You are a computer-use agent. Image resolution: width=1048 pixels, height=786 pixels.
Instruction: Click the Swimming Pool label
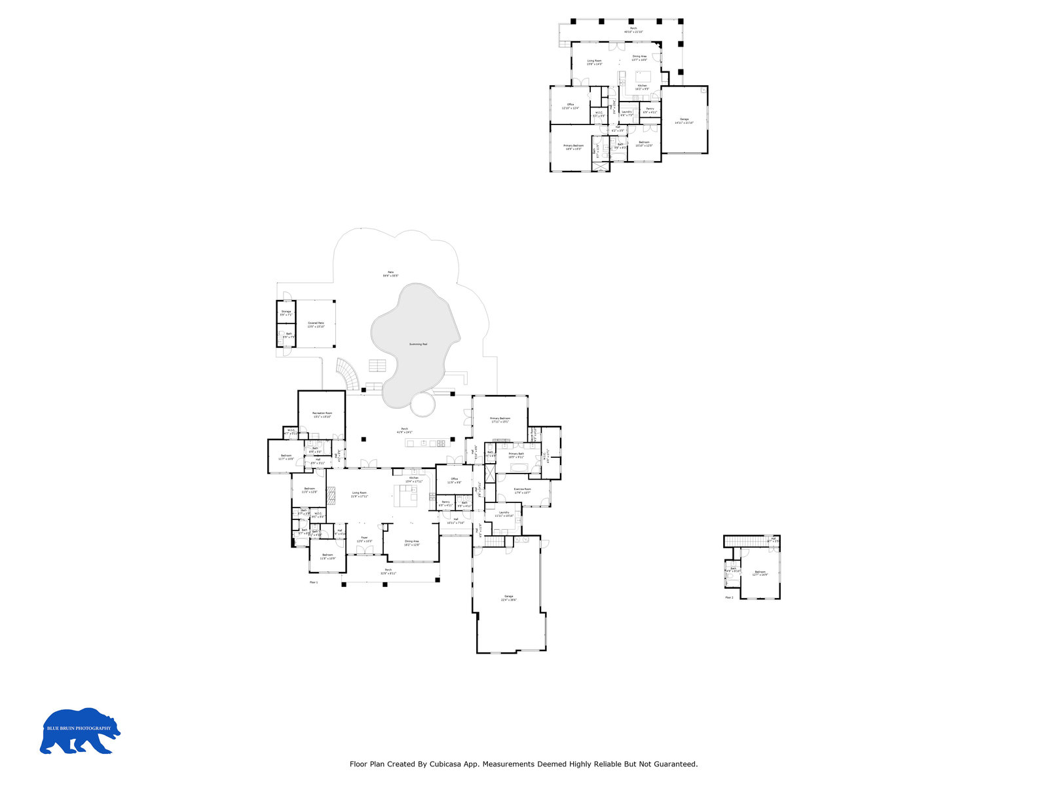pos(418,344)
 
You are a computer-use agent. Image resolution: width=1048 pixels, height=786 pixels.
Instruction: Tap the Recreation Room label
pos(322,415)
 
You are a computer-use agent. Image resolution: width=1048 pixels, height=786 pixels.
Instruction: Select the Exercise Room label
pos(522,491)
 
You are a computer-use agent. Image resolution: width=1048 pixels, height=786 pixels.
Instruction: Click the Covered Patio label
pos(316,324)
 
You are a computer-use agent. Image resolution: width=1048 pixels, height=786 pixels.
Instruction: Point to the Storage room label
pos(286,313)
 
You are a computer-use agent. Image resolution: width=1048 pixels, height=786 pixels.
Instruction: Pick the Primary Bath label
pos(516,455)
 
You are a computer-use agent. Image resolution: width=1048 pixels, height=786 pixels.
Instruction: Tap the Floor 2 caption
pos(729,597)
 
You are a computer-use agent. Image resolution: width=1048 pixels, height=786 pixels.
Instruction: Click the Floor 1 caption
pos(313,582)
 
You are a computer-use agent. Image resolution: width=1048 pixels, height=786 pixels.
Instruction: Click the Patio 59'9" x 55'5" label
pos(390,274)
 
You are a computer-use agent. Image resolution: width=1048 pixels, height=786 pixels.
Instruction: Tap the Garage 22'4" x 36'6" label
pos(508,598)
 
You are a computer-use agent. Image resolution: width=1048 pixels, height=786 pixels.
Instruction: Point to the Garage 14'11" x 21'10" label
pos(684,121)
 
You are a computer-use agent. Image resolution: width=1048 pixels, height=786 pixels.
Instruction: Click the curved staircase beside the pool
pos(348,373)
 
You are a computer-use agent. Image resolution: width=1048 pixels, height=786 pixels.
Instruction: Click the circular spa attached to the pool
pos(422,404)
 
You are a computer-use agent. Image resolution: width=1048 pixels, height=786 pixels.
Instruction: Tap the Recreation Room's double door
pos(337,438)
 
